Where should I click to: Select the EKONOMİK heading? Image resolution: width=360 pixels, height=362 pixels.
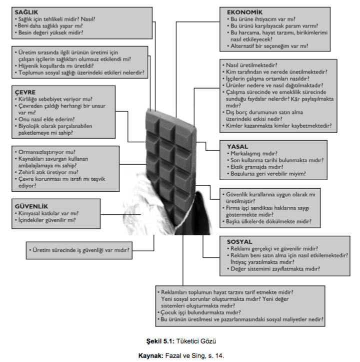[x=245, y=11]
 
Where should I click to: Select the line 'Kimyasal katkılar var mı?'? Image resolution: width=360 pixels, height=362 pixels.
[x=54, y=213]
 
